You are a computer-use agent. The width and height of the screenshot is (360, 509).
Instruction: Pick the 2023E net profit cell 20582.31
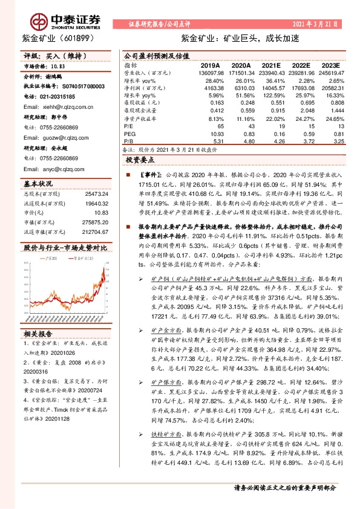pos(332,88)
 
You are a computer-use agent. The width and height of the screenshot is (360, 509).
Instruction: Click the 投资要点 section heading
pos(140,160)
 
